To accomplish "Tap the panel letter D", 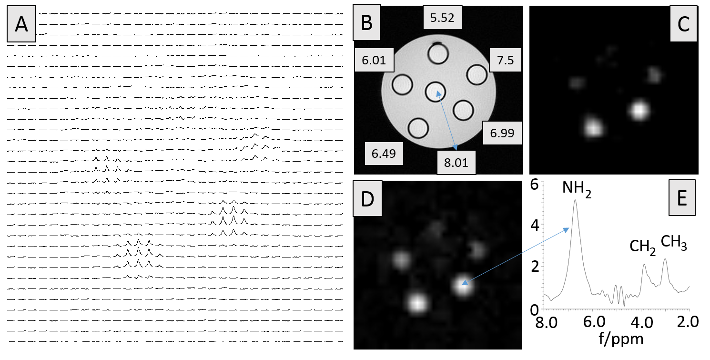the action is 367,200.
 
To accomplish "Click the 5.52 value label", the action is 442,18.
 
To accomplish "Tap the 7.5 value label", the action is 505,61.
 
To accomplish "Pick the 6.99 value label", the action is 502,133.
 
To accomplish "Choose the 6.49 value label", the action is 384,153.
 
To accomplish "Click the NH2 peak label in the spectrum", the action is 576,189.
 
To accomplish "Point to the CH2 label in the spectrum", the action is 642,247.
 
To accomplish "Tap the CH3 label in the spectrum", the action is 674,242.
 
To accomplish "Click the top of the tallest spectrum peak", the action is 575,200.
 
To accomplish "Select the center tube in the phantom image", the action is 436,91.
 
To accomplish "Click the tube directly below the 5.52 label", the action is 437,54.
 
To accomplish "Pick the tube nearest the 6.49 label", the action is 418,128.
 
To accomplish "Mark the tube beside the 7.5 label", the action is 477,74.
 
